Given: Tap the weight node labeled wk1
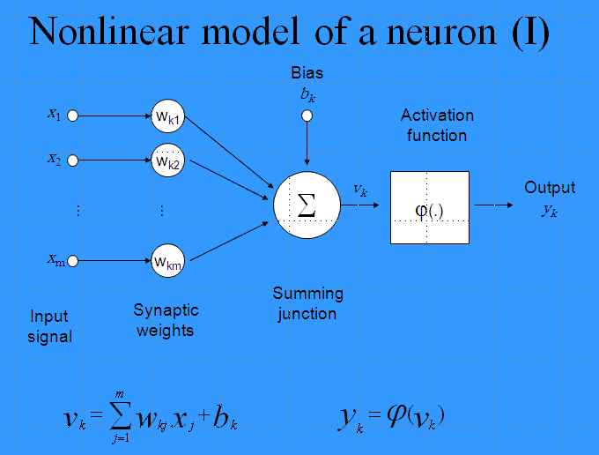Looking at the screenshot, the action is click(x=167, y=116).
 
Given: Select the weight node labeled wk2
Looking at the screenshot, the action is click(x=167, y=160).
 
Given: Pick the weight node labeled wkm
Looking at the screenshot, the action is click(x=167, y=261).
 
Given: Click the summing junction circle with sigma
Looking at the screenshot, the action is click(x=307, y=205).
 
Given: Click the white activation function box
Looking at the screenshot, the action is click(x=430, y=207).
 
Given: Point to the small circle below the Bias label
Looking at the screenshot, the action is click(x=307, y=116).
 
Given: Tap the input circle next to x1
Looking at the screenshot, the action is click(x=72, y=116).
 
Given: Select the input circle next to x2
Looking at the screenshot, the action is click(x=72, y=160).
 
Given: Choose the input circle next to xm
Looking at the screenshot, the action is click(x=72, y=261).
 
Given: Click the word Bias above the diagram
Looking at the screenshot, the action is click(x=307, y=72).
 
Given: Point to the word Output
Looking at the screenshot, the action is click(x=550, y=187).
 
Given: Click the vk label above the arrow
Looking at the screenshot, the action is click(x=360, y=190).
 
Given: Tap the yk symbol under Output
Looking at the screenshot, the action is click(x=550, y=210).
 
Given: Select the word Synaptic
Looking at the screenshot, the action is click(x=166, y=310).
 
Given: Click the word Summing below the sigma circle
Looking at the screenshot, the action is click(x=308, y=294).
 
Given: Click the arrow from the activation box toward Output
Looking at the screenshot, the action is click(x=493, y=205).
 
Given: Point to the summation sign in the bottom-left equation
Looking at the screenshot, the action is click(x=121, y=414).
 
